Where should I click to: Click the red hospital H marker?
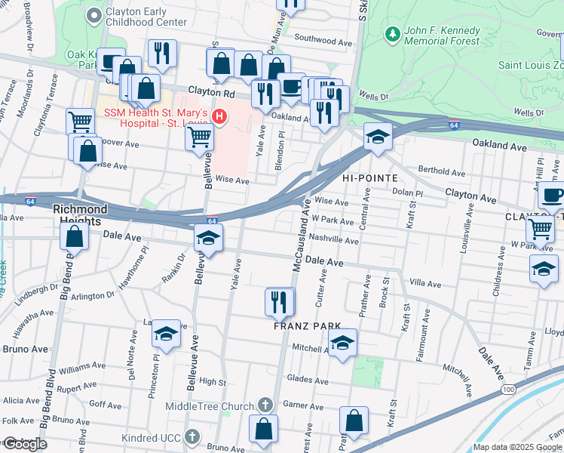click(219, 116)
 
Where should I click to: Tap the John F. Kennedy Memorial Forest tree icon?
click(391, 34)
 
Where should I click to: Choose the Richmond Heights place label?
click(76, 214)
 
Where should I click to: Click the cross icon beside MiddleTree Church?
click(264, 405)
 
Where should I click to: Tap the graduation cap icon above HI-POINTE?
click(377, 137)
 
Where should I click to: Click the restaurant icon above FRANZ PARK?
click(280, 302)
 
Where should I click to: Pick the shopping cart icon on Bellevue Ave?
click(199, 137)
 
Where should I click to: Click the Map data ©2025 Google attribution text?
click(517, 447)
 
